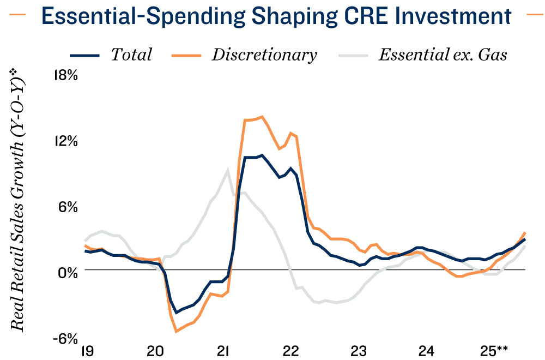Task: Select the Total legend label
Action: coord(131,55)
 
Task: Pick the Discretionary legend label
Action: coord(264,55)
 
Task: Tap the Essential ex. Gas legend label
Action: coord(443,55)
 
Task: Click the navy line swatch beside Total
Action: coord(85,55)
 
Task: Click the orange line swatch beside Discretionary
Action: coord(187,55)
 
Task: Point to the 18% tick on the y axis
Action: coord(65,75)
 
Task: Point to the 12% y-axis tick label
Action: coord(65,141)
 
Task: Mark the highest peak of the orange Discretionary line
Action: coord(262,116)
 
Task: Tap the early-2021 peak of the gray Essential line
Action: coord(227,169)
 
